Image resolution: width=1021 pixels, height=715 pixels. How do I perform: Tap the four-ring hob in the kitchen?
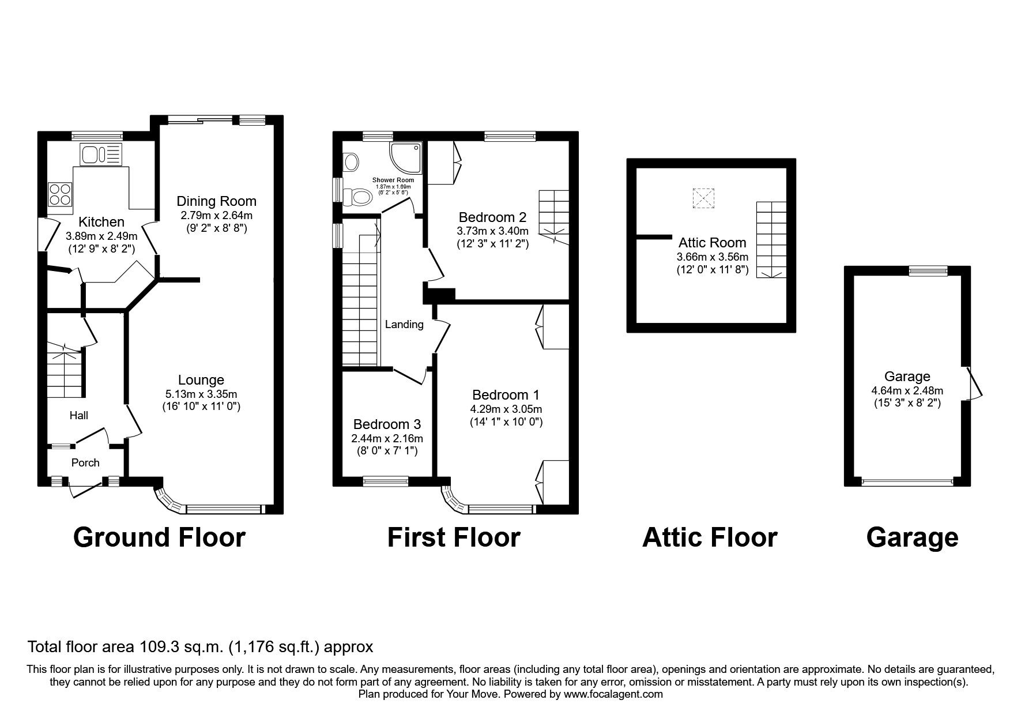60,194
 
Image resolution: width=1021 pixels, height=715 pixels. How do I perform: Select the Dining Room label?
216,201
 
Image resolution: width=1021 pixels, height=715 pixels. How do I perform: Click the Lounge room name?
201,380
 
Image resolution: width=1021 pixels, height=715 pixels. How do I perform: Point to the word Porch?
85,462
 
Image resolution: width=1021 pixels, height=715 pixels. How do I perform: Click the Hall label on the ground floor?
79,415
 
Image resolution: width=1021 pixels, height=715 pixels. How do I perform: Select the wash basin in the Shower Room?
350,161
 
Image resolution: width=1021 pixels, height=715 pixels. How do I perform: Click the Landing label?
404,325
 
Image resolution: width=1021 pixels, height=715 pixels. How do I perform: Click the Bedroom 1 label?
506,395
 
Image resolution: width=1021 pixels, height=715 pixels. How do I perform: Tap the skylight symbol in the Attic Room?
703,198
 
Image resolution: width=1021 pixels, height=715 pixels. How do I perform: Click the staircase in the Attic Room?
771,240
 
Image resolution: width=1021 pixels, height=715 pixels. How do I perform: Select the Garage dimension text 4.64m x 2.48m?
907,391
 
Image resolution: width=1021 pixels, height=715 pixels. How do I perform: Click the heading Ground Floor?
160,537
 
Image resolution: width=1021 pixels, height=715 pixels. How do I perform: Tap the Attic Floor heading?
710,537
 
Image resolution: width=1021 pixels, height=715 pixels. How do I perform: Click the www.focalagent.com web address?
613,694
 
